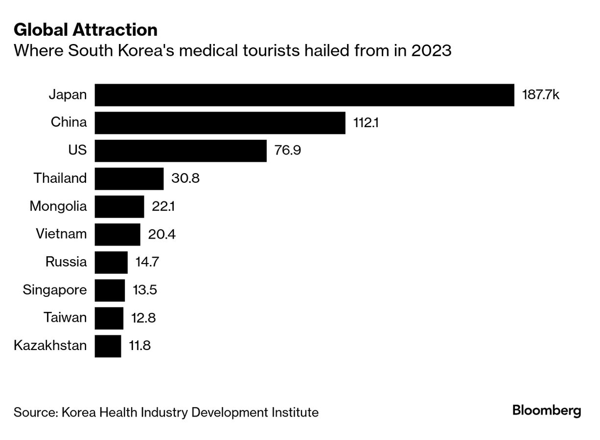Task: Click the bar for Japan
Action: [304, 95]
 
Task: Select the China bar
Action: [220, 123]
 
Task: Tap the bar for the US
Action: [181, 151]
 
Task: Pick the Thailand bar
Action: [129, 178]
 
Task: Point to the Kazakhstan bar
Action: [108, 346]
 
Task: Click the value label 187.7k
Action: [540, 95]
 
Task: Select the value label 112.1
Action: [366, 123]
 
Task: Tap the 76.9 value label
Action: [288, 151]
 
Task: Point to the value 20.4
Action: [162, 235]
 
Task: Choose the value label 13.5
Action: [145, 290]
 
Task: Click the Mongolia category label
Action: [58, 206]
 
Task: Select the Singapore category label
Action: [55, 290]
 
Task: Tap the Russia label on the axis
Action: [66, 262]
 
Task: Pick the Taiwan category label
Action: [65, 318]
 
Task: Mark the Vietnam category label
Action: [61, 234]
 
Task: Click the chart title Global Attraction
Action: [86, 30]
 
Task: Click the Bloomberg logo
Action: [547, 411]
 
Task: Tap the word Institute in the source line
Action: [296, 413]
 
